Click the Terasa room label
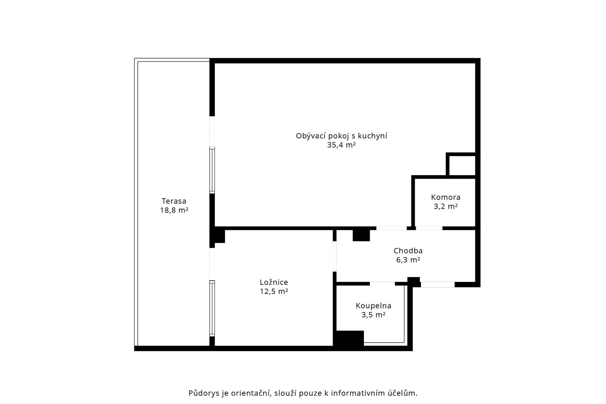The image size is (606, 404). coord(174,201)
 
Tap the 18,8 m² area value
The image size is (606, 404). coord(174,210)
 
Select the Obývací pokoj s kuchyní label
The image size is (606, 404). coord(341,136)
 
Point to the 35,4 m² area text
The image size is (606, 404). coord(341,145)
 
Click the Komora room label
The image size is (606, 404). coord(446,197)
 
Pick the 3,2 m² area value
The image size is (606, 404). coord(446,206)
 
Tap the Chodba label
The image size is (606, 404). coord(408,251)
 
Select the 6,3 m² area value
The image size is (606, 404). coord(408,260)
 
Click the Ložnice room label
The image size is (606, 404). coord(274,282)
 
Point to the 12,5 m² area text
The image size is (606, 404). coord(274,292)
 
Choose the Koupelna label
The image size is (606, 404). coord(373,306)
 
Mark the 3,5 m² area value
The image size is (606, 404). coord(373,315)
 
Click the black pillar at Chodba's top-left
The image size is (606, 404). coord(361,235)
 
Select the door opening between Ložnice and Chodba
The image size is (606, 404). coord(334,257)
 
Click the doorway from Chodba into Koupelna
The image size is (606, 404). coord(382,284)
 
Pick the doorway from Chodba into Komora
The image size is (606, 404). coord(429,228)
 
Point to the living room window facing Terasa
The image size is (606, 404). coord(212,170)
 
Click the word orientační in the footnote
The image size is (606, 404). coord(250,393)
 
